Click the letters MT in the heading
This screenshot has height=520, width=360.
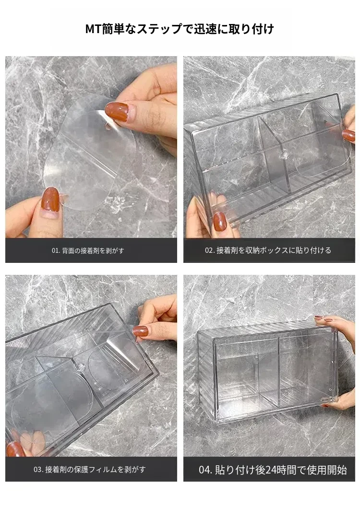point(93,29)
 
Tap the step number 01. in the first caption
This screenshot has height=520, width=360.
point(55,251)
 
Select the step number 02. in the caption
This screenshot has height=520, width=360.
point(210,250)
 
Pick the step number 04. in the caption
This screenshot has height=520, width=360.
point(205,470)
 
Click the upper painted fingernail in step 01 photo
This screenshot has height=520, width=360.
point(117,112)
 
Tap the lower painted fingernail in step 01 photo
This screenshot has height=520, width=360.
point(50,199)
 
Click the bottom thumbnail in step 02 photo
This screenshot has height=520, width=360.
point(220,222)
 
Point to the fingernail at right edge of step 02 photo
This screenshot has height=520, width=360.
point(348,135)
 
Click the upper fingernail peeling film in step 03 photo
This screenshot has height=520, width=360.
point(140,331)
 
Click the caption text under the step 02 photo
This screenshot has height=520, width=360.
point(268,250)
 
